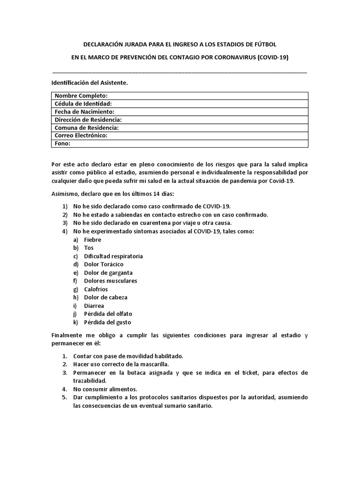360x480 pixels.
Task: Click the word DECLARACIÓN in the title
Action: pos(104,45)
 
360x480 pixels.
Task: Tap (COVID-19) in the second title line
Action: pos(273,58)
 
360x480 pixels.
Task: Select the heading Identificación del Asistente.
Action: pos(89,82)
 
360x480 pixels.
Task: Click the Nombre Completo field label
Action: pos(81,96)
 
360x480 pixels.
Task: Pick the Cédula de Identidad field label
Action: pos(83,104)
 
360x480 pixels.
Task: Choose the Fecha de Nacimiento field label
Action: pos(84,112)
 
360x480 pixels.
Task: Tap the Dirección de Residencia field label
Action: pos(88,120)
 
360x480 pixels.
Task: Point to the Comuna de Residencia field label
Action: pos(87,127)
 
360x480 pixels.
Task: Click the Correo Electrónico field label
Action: pos(81,135)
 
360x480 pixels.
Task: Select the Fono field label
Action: pos(62,143)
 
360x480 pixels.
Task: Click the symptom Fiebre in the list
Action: pos(92,240)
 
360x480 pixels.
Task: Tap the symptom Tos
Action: pos(89,248)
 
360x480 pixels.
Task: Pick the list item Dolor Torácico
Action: pos(104,264)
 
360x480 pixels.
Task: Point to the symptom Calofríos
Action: pos(96,289)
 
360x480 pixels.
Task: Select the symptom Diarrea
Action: pos(94,306)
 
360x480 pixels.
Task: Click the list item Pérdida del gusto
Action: pos(107,322)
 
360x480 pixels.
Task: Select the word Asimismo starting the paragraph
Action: pos(64,194)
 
